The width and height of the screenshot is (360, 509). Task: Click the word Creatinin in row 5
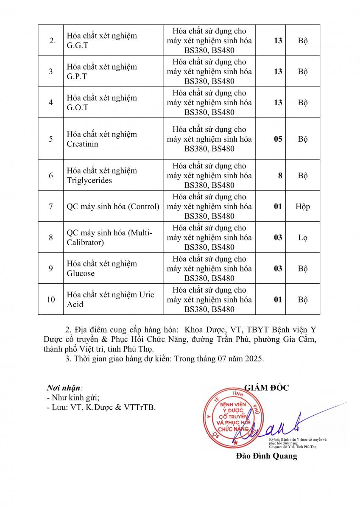(x=82, y=144)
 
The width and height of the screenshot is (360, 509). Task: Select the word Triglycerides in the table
(x=89, y=180)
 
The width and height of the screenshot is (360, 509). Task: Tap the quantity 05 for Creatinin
(x=278, y=139)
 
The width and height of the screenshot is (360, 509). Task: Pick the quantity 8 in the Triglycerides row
(x=280, y=176)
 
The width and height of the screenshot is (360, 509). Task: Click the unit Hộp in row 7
(x=303, y=207)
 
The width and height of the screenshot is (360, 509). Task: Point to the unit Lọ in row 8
(x=303, y=238)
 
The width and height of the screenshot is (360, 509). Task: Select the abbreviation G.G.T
(x=78, y=45)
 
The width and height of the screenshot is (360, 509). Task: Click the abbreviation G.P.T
(x=77, y=76)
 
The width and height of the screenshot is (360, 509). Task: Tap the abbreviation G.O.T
(x=78, y=107)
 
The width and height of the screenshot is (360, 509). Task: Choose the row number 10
(x=51, y=299)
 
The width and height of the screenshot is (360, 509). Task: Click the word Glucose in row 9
(x=81, y=273)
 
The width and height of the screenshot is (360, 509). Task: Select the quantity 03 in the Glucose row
(x=278, y=268)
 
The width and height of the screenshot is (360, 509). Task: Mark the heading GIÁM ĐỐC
(x=266, y=387)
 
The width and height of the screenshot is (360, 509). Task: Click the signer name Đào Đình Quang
(x=266, y=456)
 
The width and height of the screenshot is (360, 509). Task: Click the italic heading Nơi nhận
(x=64, y=388)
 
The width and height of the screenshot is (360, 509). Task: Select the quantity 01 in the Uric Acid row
(x=278, y=299)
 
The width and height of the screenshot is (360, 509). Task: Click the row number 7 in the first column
(x=51, y=207)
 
